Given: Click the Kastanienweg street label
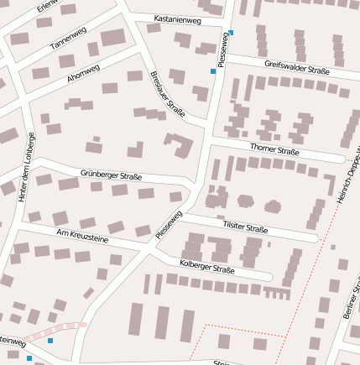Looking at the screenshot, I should [x=178, y=19].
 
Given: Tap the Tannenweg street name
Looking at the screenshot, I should [x=69, y=39].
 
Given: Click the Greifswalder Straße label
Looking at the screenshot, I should [x=296, y=67].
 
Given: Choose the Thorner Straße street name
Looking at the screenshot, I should [x=274, y=150].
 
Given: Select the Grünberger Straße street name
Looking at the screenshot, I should [x=111, y=175].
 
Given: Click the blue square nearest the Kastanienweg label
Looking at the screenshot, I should [x=231, y=33].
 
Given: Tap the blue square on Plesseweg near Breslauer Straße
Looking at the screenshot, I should [x=213, y=72].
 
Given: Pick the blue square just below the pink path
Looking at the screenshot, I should [x=50, y=341].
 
